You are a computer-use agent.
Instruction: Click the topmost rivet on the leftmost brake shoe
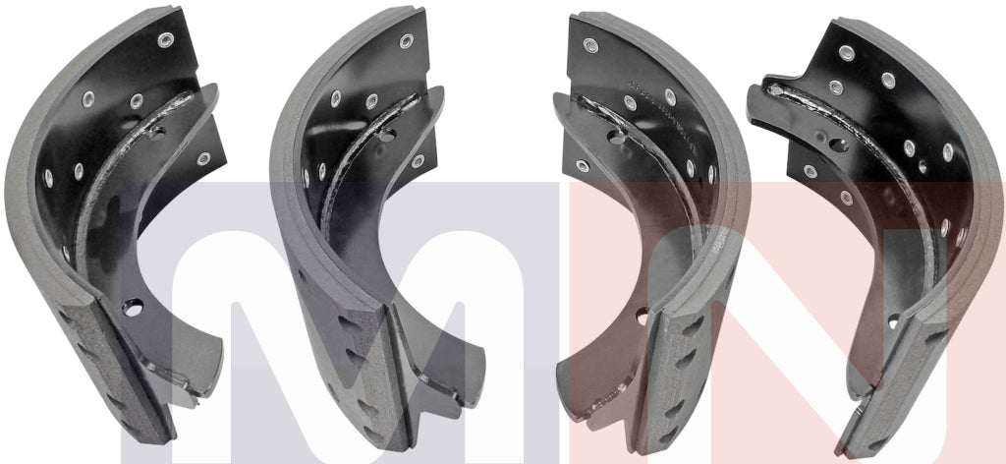165,40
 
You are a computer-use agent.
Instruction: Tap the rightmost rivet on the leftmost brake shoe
203,158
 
